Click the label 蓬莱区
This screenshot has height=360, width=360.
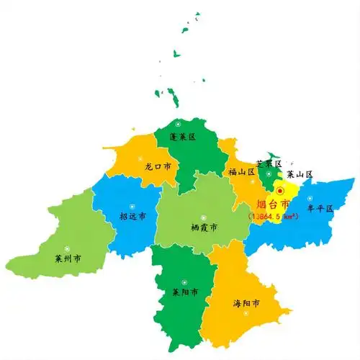[182, 136]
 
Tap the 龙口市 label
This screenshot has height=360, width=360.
[158, 166]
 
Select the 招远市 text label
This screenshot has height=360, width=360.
[132, 216]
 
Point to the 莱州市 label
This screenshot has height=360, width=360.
[67, 258]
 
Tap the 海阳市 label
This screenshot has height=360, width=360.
[247, 303]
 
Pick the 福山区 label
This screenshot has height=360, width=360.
[242, 171]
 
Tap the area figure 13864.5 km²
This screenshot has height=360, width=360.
[274, 215]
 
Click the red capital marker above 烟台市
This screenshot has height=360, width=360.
[280, 191]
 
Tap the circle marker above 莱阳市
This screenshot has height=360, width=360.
[184, 282]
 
